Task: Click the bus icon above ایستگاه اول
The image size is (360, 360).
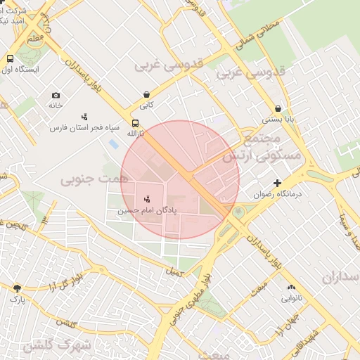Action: (11, 59)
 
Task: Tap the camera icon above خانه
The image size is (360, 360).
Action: (56, 95)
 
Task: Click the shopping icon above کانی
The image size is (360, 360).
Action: (146, 94)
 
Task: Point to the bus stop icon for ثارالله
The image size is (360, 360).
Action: (135, 123)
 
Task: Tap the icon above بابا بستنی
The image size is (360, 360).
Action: (279, 109)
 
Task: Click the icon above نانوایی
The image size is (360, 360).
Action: (291, 288)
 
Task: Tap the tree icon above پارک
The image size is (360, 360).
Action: (17, 288)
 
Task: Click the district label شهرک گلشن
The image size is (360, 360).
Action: (56, 345)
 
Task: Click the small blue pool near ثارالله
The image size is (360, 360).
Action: (113, 144)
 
